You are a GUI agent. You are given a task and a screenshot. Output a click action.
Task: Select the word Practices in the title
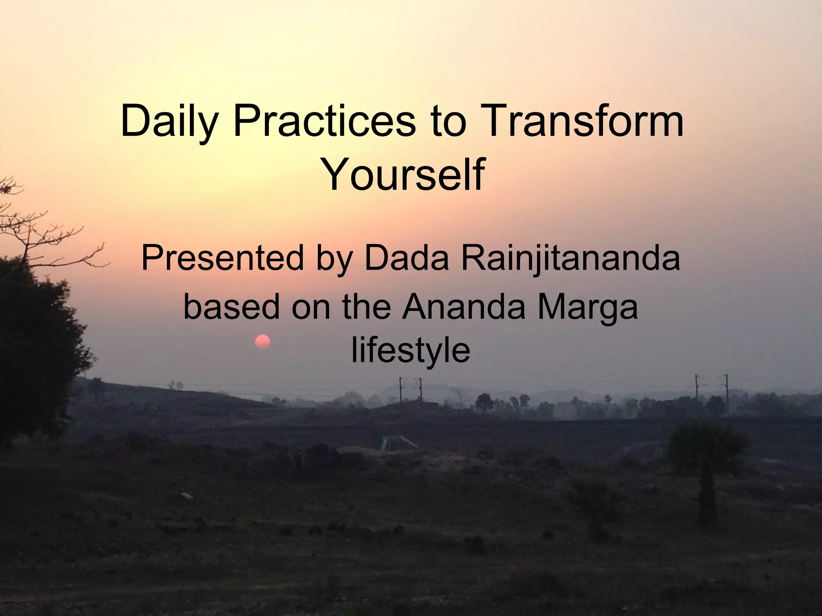(324, 120)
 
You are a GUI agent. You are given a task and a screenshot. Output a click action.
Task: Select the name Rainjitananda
(570, 260)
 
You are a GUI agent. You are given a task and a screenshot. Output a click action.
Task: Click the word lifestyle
(410, 351)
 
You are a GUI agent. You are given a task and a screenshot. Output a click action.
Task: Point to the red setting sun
(262, 342)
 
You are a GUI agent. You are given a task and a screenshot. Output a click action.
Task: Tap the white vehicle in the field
(395, 443)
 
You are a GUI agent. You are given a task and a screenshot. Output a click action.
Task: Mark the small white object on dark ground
(187, 496)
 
